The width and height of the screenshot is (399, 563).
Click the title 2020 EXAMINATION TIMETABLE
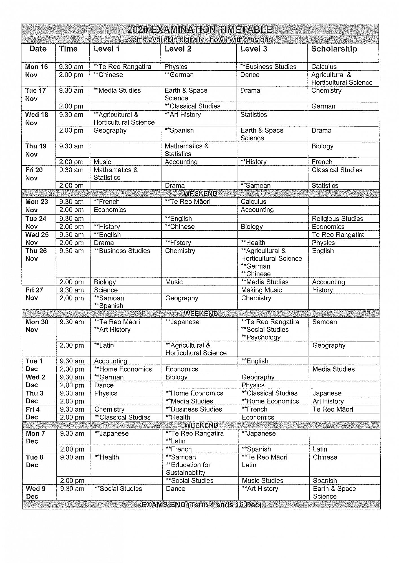coord(200,30)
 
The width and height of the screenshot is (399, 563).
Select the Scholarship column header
coord(334,49)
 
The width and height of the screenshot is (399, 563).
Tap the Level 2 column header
coord(178,49)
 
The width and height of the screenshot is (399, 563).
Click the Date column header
coord(38,49)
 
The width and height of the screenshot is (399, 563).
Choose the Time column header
coord(68,49)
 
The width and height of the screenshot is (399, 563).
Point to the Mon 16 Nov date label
coord(36,71)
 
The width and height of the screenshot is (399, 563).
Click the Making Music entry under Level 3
coord(261,290)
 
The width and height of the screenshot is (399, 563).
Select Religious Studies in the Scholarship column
coord(338,219)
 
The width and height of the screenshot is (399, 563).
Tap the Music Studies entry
coord(262,481)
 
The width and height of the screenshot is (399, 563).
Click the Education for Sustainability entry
coord(188,469)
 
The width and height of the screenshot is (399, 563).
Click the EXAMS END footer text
coord(201,505)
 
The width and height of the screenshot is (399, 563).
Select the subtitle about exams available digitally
coord(200,40)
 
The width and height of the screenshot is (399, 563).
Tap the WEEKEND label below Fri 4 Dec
coord(201,425)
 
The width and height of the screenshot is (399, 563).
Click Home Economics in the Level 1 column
coord(123,369)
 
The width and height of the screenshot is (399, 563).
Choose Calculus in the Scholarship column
coord(324,67)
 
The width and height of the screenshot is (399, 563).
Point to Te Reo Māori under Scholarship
coord(333,409)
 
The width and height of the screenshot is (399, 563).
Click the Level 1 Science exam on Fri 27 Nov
coord(106,290)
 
